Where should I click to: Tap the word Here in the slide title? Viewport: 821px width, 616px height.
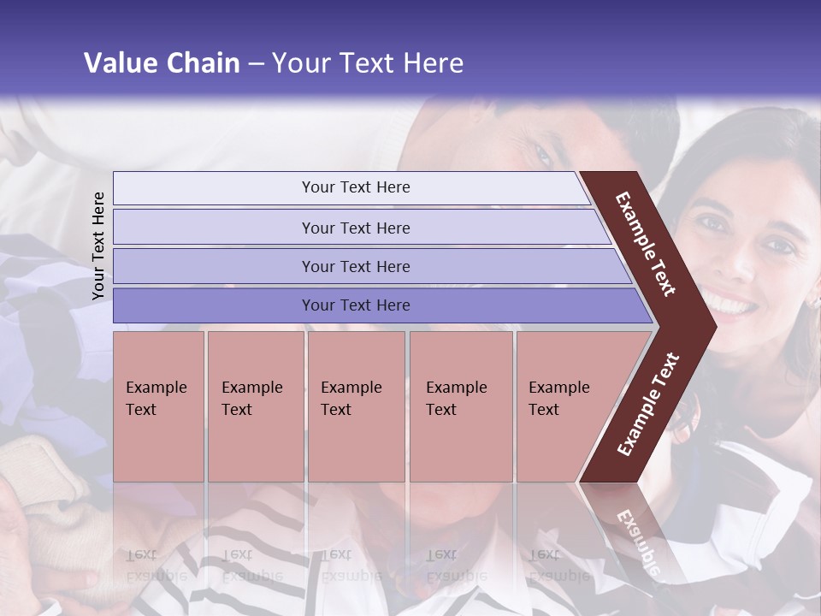click(x=433, y=63)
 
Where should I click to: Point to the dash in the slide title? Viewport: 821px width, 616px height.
click(x=256, y=64)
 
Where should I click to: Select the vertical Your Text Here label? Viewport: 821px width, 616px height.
click(x=98, y=246)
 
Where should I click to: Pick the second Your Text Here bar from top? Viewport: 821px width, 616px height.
click(x=356, y=228)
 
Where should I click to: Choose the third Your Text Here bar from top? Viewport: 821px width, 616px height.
click(x=356, y=266)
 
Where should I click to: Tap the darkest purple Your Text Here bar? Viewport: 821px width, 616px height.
click(x=356, y=305)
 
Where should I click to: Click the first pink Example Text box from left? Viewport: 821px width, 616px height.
click(x=158, y=406)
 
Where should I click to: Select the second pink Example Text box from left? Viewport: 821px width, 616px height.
click(x=255, y=406)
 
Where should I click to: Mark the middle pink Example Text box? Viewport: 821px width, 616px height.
click(x=356, y=406)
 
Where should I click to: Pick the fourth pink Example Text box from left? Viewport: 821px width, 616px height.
click(x=461, y=406)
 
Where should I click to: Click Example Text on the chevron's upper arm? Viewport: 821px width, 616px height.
click(x=647, y=243)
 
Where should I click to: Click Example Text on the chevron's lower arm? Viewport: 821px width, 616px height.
click(x=648, y=404)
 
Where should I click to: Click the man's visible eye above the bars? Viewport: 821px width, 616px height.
click(x=542, y=154)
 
